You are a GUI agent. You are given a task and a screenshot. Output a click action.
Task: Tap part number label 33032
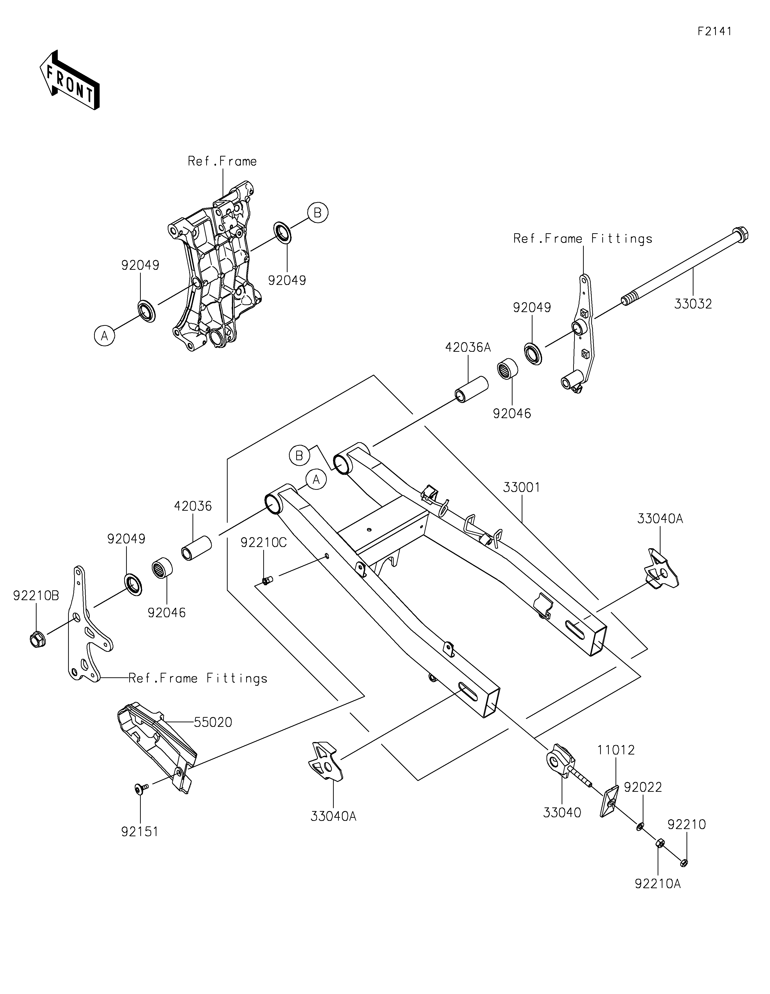693,304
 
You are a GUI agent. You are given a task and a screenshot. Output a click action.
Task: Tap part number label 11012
616,750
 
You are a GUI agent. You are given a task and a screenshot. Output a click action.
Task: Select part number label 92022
643,787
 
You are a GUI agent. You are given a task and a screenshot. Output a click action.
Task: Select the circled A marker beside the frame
104,336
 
